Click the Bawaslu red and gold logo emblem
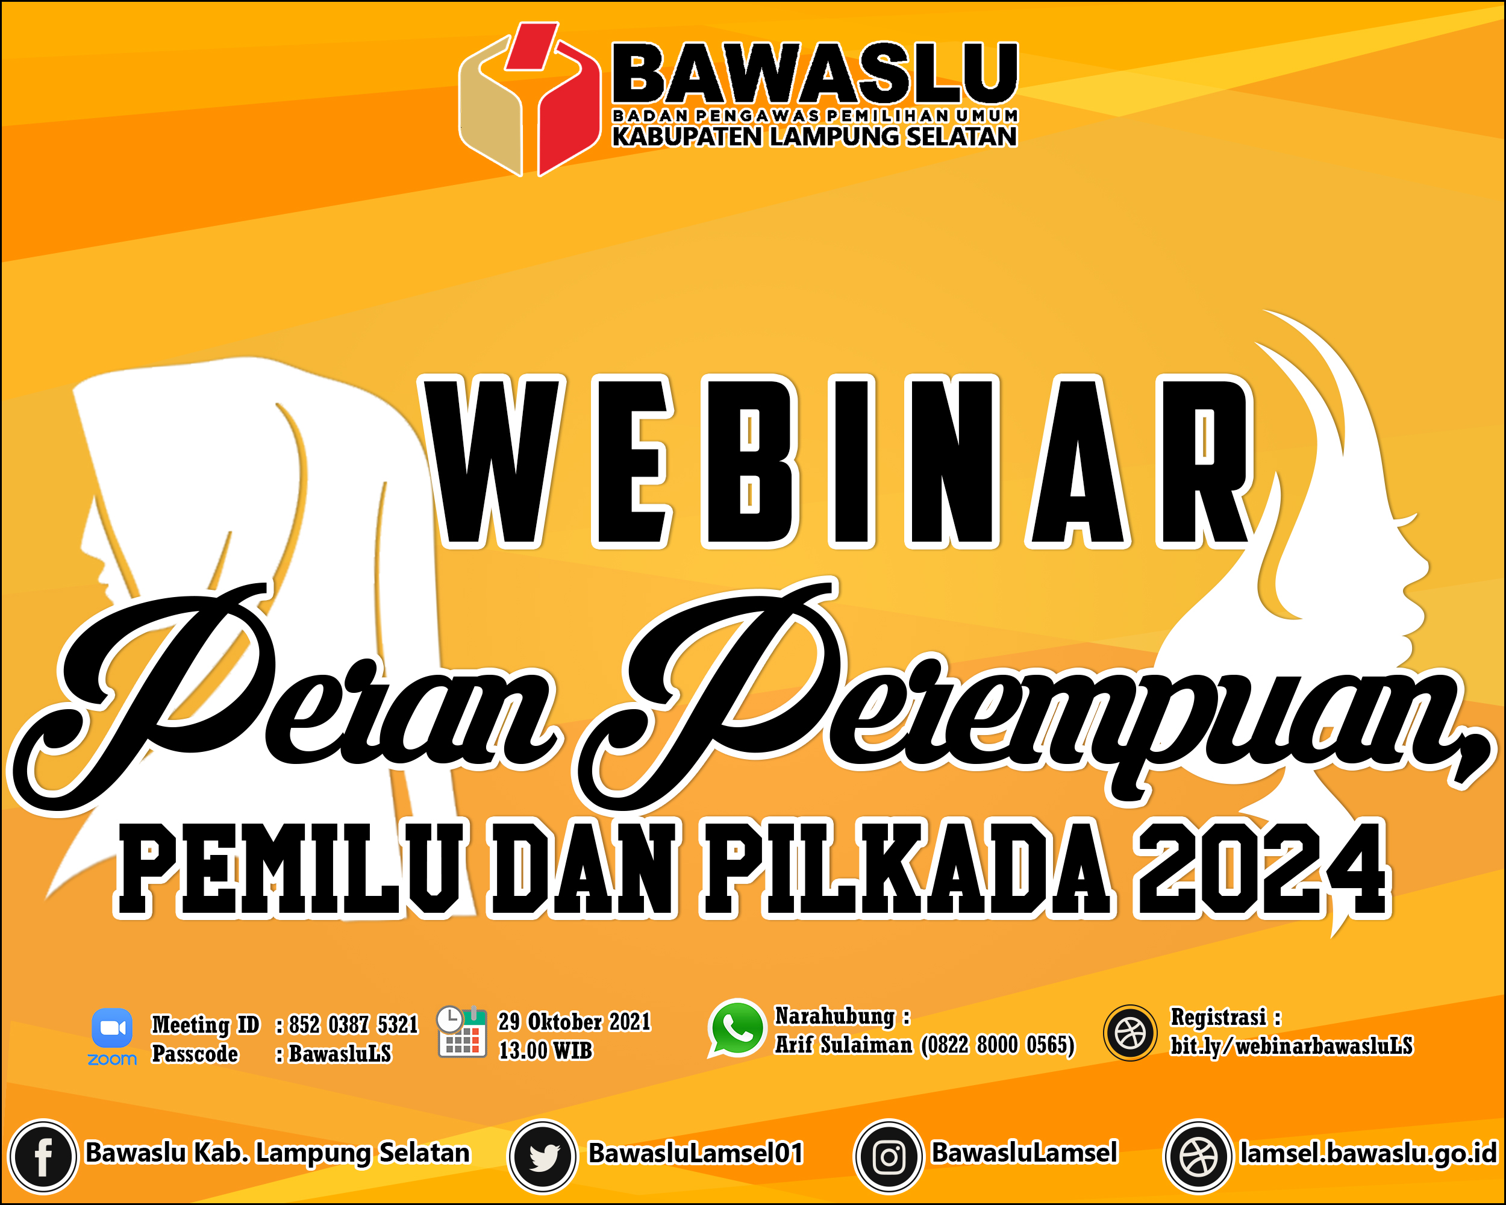coord(529,99)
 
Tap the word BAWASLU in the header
coord(815,73)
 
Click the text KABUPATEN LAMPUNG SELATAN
coord(814,136)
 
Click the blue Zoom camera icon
coord(112,1028)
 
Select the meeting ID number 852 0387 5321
coord(353,1024)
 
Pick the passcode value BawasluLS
coord(340,1053)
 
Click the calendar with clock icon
coord(461,1031)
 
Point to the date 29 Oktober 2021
coord(574,1021)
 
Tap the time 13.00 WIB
coord(545,1051)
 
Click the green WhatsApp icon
coord(737,1028)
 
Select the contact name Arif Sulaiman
coord(844,1045)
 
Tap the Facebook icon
coord(43,1157)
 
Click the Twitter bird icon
coord(543,1157)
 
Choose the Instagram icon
coord(889,1157)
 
